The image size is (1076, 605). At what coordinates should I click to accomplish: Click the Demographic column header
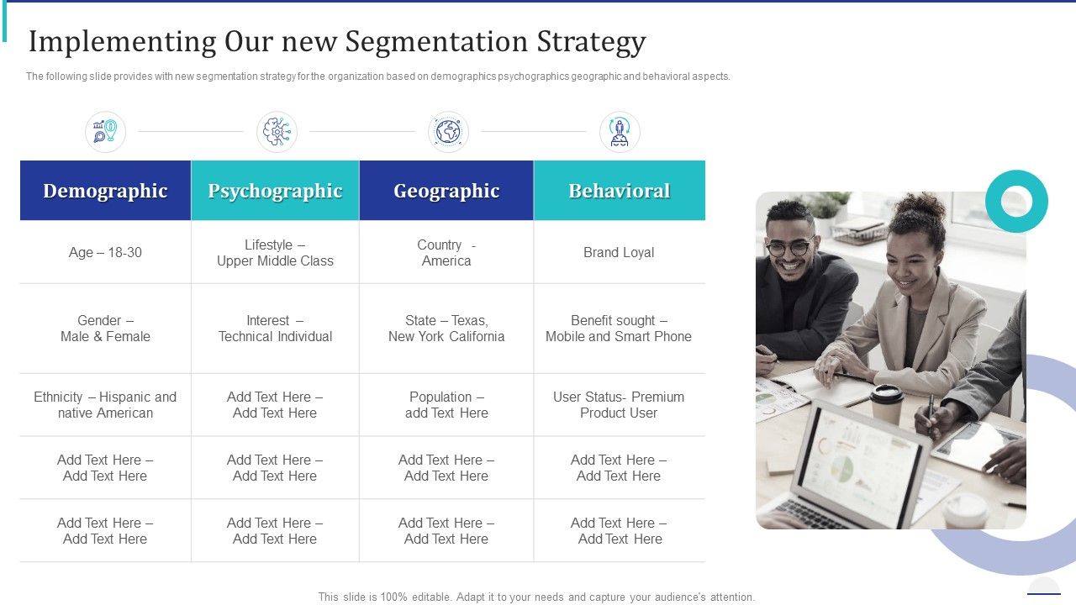[105, 191]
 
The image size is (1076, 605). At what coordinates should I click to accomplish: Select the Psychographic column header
[275, 191]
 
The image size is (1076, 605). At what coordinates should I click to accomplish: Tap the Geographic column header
[446, 191]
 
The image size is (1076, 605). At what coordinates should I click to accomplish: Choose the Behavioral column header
[620, 191]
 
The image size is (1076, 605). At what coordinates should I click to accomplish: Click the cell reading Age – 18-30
[105, 252]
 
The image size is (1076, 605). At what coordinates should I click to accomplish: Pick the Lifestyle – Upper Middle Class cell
[275, 252]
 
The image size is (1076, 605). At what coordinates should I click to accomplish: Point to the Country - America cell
[446, 252]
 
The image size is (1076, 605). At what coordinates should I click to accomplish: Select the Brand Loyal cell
[619, 252]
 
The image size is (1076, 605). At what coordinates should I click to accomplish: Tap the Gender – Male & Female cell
[105, 329]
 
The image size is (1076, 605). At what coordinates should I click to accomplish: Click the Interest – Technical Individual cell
[275, 329]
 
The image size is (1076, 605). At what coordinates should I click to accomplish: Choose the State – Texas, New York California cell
[446, 329]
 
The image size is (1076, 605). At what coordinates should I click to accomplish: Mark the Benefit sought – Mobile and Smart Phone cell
[619, 329]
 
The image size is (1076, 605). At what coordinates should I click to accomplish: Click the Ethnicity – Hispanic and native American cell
[105, 405]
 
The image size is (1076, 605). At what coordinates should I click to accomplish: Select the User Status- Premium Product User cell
[619, 405]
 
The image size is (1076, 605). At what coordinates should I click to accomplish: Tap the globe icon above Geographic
[448, 132]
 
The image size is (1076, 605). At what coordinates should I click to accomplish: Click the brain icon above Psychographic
[277, 132]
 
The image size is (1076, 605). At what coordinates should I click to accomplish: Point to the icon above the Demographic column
[105, 132]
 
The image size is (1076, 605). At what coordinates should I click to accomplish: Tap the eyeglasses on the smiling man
[789, 248]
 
